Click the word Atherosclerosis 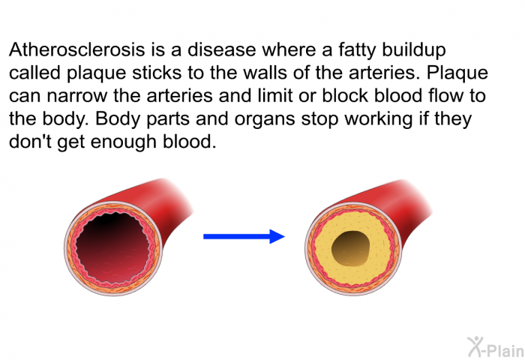(x=77, y=50)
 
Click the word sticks (x=157, y=73)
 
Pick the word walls (x=265, y=73)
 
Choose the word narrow (x=77, y=97)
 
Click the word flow (x=445, y=95)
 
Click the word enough (x=124, y=142)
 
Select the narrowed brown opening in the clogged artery (x=351, y=248)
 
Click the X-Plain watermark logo (x=496, y=347)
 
